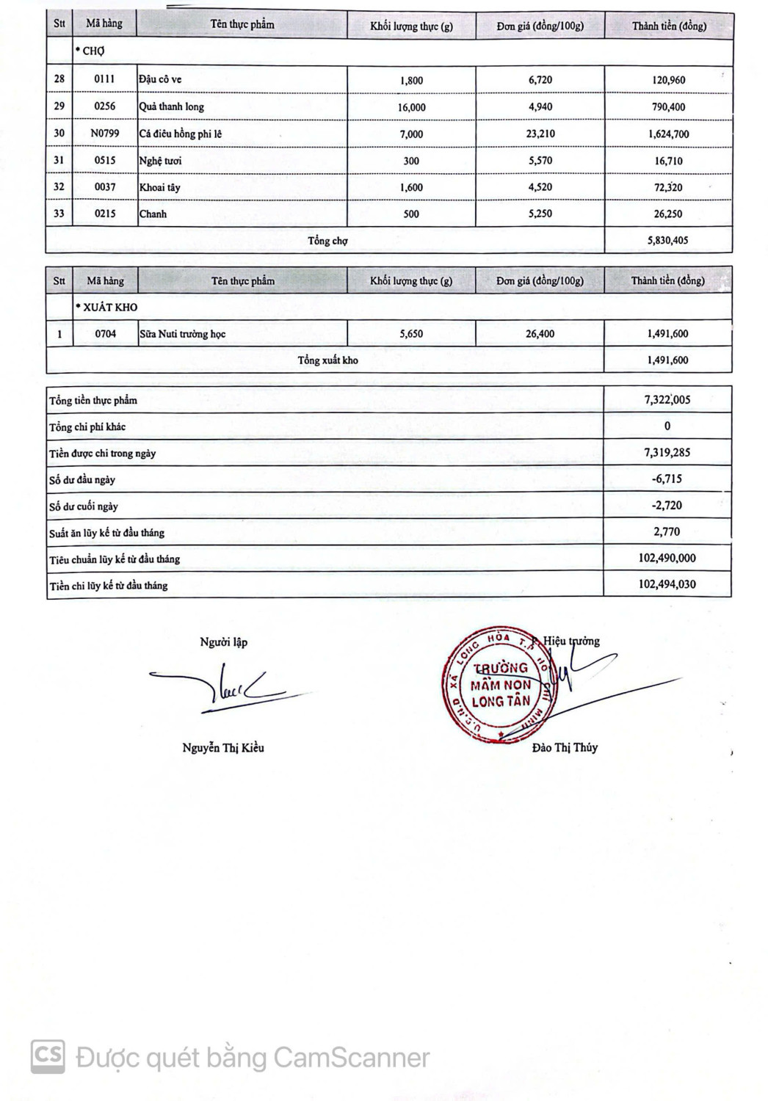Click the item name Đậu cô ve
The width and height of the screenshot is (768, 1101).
161,80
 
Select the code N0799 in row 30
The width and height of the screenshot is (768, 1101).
105,134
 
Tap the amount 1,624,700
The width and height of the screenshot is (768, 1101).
668,134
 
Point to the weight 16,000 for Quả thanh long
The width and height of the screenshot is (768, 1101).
411,107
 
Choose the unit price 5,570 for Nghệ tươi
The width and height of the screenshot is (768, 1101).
540,161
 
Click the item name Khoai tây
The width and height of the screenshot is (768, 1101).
160,187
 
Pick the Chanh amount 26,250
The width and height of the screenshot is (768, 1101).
668,214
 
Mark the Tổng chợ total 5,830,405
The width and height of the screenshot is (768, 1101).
668,241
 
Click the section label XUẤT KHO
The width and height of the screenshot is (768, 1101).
108,308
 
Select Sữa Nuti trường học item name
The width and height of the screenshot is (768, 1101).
183,334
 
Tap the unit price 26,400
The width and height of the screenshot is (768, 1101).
540,334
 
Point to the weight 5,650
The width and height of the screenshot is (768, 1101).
411,334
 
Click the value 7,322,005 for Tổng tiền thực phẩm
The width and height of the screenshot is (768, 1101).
667,400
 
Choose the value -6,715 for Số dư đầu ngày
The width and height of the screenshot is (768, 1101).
667,479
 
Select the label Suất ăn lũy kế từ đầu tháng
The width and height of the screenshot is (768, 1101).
107,533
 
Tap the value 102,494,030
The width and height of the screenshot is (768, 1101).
667,585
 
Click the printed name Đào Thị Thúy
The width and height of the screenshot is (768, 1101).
565,748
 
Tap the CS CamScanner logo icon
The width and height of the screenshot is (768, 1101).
48,1057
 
